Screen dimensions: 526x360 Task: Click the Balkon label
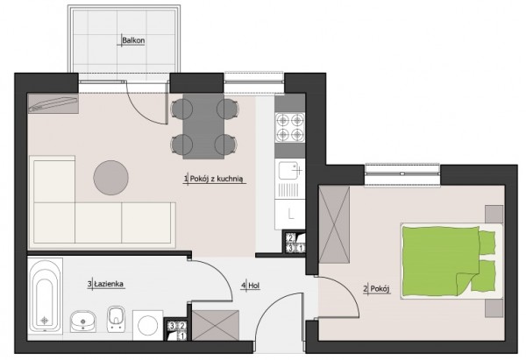pos(133,40)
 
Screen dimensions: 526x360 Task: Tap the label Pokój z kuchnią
pos(216,179)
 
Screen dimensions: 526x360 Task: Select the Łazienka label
pos(109,284)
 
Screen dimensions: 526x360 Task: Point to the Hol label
pos(254,286)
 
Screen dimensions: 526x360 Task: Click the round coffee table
pos(111,178)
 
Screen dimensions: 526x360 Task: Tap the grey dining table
pos(203,126)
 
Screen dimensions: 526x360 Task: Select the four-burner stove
pos(290,126)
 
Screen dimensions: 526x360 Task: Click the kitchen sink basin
pos(288,171)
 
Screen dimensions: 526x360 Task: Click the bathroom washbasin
pos(83,321)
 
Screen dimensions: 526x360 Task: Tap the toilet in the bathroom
pos(116,319)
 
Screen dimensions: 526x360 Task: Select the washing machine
pos(147,325)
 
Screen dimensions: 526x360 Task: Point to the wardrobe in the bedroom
pos(334,224)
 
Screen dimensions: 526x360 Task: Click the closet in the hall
pos(216,325)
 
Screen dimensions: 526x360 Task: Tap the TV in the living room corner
pos(53,103)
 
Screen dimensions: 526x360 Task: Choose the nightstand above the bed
pos(494,214)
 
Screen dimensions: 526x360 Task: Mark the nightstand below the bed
pos(494,308)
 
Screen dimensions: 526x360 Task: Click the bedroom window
pos(402,174)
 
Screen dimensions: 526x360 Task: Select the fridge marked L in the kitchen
pos(290,215)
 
